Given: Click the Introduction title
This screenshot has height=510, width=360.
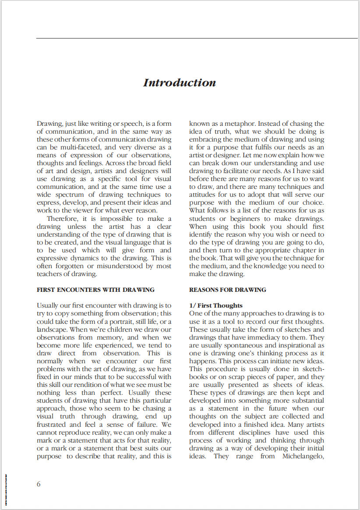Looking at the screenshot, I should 180,83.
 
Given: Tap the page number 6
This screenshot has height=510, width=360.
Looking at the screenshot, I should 39,484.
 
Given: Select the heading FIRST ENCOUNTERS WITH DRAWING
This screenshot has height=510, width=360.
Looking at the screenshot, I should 95,290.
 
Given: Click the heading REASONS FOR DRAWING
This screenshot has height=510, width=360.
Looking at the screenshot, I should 228,290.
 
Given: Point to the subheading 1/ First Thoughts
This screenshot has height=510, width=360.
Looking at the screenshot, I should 216,305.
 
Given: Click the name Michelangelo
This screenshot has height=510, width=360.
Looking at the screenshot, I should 303,456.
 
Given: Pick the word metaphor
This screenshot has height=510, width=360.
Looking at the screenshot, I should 235,124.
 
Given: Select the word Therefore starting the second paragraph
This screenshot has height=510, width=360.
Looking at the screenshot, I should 64,219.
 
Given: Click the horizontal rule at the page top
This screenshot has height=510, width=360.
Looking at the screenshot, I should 197,39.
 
